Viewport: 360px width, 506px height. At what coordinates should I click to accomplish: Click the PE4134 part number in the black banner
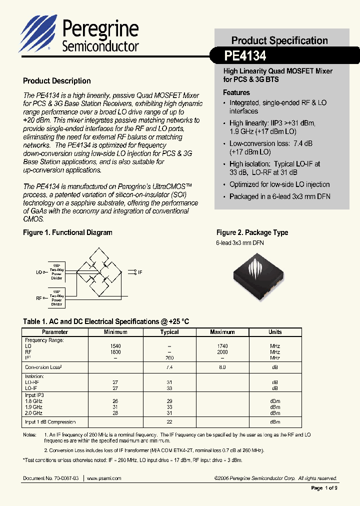tap(245, 54)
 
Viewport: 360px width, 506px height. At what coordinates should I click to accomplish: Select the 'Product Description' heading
tap(57, 81)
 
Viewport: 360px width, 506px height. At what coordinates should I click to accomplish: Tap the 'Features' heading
tap(236, 92)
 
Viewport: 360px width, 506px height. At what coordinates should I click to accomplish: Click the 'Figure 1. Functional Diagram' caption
tap(67, 232)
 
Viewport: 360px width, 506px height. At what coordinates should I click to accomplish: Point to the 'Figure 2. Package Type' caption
tap(252, 232)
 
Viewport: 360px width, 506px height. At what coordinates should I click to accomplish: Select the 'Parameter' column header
tap(55, 332)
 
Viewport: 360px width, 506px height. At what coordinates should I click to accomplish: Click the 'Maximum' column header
tap(222, 332)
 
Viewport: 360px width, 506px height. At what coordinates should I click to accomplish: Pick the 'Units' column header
tap(275, 332)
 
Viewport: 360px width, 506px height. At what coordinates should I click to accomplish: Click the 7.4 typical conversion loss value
tap(169, 367)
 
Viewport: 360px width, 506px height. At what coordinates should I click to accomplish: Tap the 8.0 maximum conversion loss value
tap(222, 367)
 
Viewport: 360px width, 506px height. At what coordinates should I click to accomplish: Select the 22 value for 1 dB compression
tap(169, 422)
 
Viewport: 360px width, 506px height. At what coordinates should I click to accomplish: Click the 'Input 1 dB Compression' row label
tap(50, 422)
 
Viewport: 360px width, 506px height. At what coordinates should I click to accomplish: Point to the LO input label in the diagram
tap(39, 272)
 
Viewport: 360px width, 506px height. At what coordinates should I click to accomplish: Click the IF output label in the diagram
tap(140, 272)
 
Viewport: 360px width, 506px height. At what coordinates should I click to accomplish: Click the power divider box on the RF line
tap(56, 297)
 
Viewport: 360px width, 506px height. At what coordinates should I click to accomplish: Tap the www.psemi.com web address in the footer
tap(104, 478)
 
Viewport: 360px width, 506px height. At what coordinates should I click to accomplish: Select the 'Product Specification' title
tap(279, 40)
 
